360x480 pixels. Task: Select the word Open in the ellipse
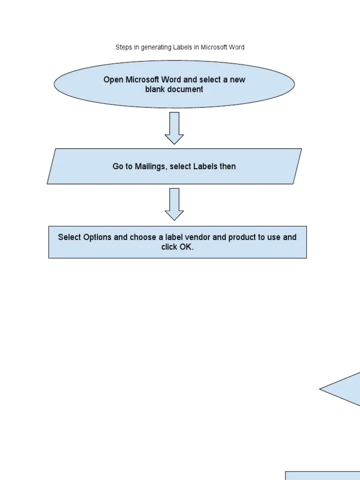113,80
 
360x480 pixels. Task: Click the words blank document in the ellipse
174,89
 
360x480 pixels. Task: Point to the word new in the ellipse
237,80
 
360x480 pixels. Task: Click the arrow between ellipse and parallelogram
174,128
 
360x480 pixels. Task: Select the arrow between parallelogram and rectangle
174,204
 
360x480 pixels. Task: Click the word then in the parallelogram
228,166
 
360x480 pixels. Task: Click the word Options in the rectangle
97,237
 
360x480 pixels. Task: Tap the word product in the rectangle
242,237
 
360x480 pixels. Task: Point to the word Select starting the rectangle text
69,237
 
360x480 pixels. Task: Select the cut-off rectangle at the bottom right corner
323,475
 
